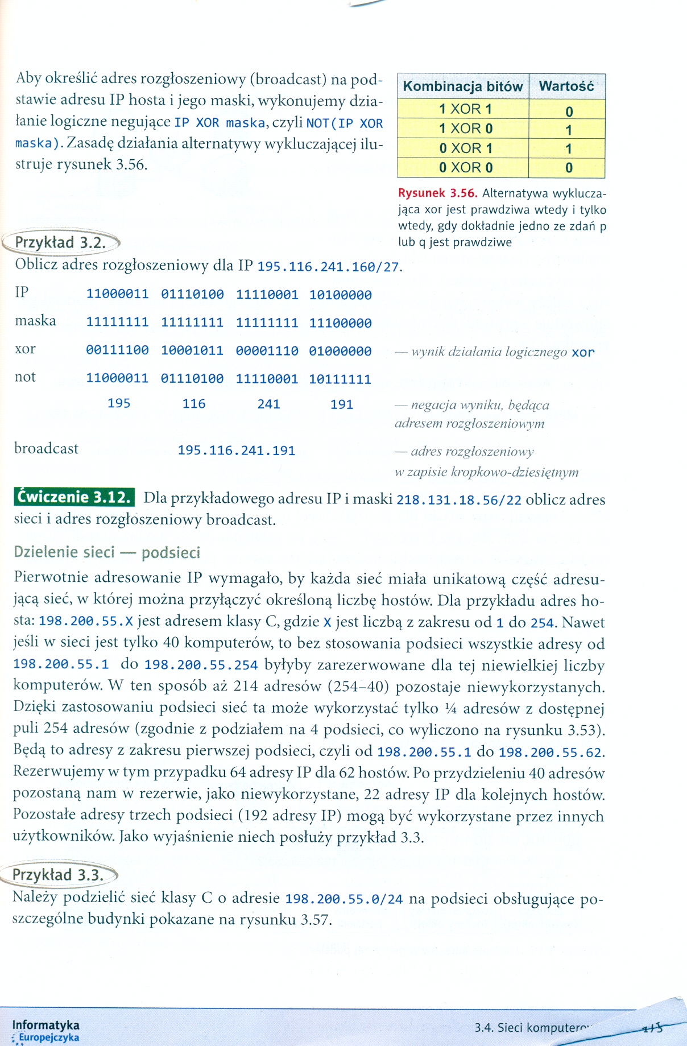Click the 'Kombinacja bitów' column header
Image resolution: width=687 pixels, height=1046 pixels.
(462, 86)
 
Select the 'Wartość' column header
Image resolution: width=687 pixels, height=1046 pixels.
(566, 86)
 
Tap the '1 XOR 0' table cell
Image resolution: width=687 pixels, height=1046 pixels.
(465, 129)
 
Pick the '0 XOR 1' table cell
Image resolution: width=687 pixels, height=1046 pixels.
(465, 148)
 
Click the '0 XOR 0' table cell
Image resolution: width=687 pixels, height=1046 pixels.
(465, 168)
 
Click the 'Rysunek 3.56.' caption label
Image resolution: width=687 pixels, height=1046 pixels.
(437, 193)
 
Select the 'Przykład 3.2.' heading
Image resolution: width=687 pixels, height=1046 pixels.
(60, 243)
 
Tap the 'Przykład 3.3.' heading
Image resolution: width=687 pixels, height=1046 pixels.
(58, 875)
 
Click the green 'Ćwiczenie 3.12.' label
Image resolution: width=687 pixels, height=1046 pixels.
(75, 498)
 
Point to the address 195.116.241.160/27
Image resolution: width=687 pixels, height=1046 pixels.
(328, 267)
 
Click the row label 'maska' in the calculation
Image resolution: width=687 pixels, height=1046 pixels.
(35, 321)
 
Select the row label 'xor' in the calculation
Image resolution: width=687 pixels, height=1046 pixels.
(25, 349)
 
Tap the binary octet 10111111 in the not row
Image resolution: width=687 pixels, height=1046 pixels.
(340, 379)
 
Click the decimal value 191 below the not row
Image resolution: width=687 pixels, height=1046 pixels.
(341, 404)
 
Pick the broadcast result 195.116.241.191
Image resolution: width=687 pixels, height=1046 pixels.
(236, 450)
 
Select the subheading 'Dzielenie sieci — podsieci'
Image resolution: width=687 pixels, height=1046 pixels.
(107, 552)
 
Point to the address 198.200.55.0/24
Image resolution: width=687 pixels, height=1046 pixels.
(343, 899)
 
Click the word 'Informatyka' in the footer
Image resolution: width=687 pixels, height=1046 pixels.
(45, 1025)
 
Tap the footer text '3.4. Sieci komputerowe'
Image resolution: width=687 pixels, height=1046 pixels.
(533, 1027)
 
